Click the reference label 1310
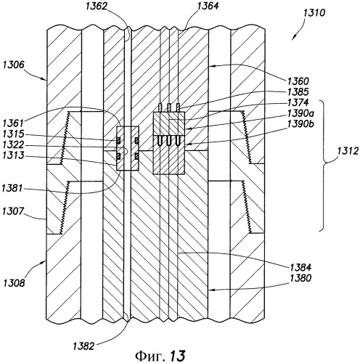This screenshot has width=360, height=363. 314,12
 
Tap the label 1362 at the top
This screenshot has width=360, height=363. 97,7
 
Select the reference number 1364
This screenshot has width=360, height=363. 208,6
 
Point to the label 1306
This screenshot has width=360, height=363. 14,65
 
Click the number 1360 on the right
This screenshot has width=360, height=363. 298,81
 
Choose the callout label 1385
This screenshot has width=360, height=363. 298,92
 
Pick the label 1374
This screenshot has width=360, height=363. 298,102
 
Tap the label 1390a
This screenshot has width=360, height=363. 300,113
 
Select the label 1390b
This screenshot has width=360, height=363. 300,124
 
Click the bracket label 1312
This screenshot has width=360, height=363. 348,151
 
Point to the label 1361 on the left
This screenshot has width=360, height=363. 13,123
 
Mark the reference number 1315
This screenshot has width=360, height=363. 13,134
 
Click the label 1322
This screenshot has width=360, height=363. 13,144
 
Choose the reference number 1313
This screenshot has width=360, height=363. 13,155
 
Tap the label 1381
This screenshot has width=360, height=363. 12,188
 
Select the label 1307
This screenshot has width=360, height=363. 13,211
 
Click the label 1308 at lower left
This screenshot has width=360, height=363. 15,283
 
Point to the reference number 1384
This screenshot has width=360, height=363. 300,267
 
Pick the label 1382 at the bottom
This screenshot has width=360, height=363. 83,346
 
